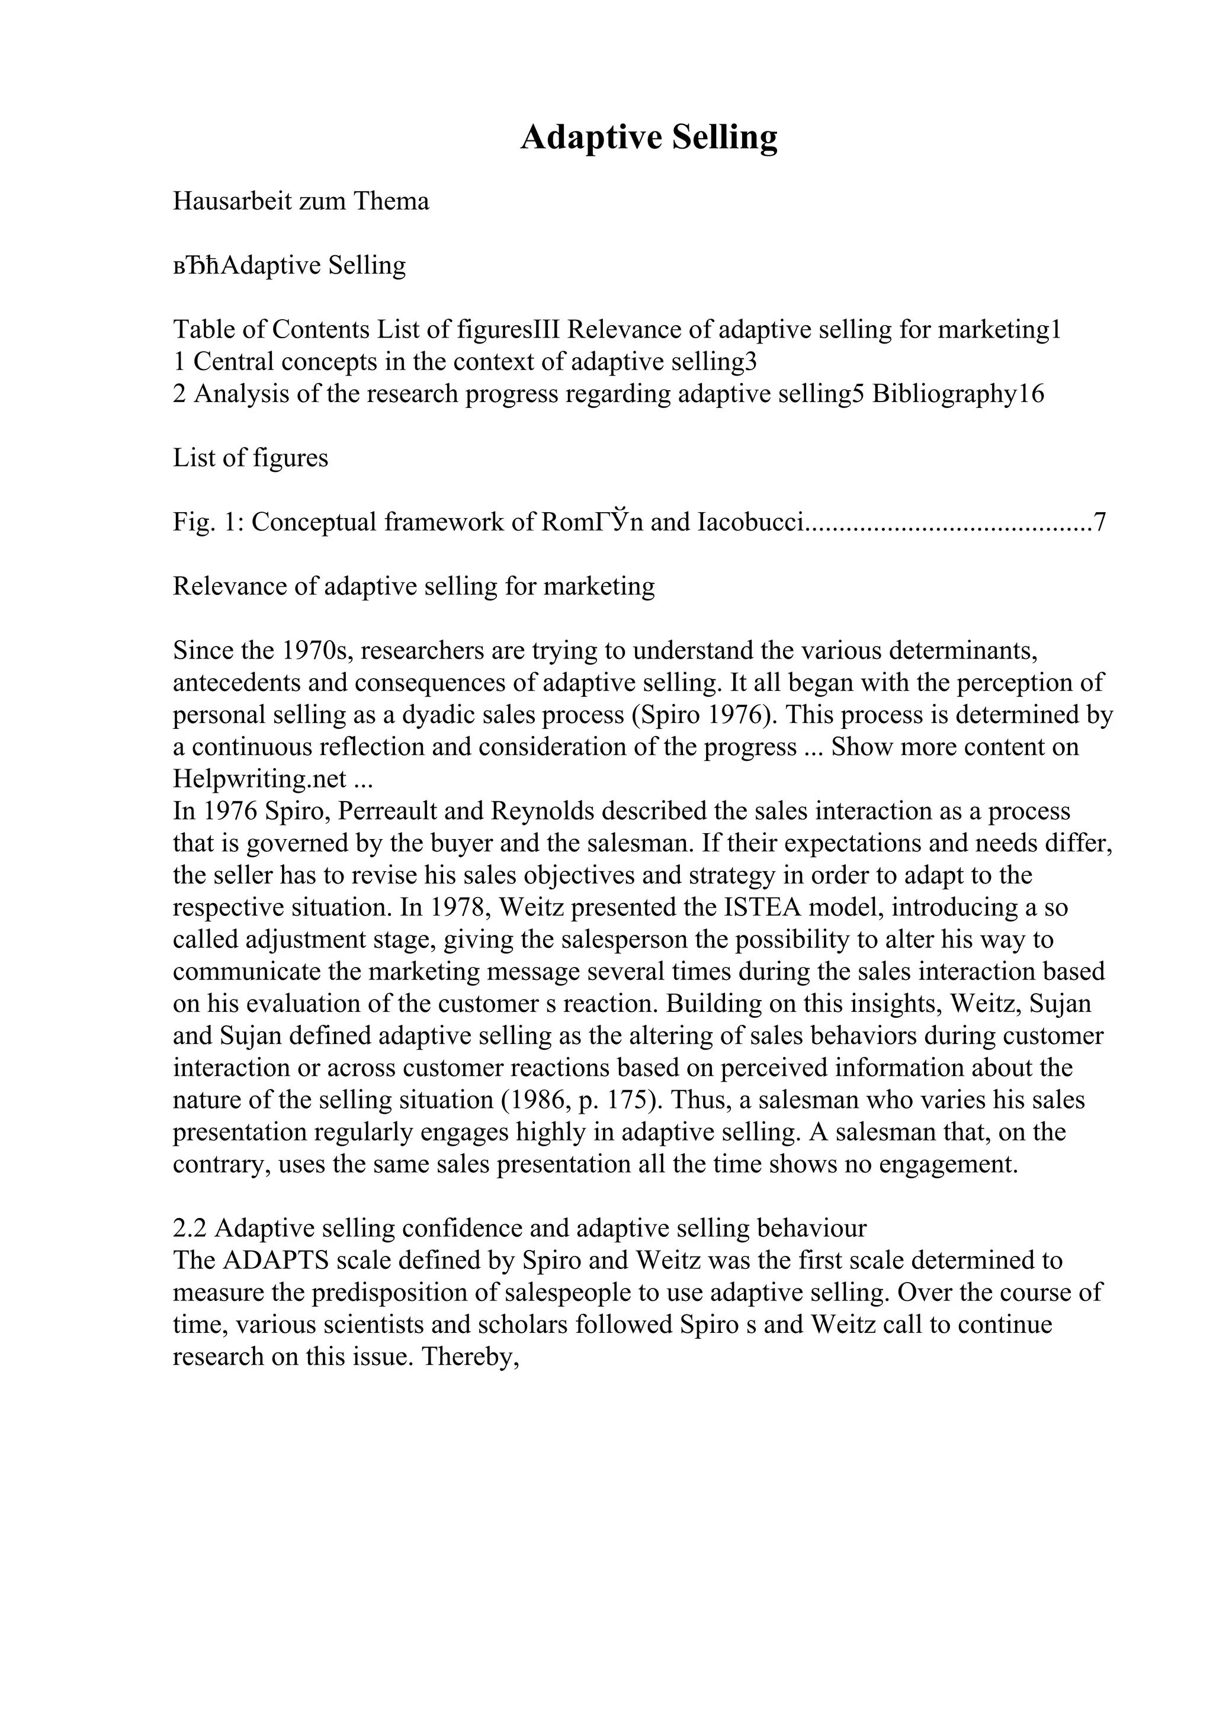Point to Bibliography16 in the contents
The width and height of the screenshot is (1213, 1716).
958,394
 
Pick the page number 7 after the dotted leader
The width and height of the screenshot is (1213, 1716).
1099,522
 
